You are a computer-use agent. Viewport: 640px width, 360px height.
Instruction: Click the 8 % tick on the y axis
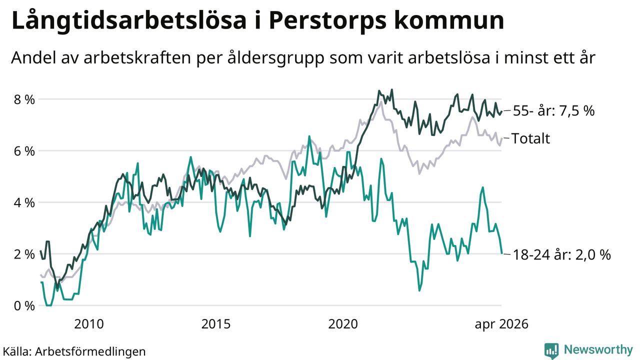tap(24, 99)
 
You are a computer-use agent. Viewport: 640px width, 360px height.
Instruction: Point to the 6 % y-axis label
tap(24, 151)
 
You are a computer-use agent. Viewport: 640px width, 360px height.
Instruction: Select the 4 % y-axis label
tap(24, 203)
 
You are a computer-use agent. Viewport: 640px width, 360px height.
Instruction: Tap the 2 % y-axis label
tap(24, 254)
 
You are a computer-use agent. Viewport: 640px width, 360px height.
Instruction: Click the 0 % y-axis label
tap(24, 306)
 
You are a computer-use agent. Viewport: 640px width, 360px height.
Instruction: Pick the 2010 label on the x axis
tap(89, 324)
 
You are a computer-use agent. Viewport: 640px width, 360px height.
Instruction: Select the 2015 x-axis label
tap(215, 324)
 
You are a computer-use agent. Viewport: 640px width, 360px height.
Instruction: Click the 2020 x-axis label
tap(343, 324)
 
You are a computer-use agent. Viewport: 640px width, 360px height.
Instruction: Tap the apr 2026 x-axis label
tap(501, 324)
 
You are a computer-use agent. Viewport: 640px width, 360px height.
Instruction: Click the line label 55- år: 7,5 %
tap(553, 111)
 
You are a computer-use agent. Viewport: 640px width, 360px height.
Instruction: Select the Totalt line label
tap(530, 138)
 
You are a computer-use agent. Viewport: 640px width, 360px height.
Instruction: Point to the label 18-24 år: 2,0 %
tap(561, 254)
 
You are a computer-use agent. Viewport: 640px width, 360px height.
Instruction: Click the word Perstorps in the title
tap(327, 21)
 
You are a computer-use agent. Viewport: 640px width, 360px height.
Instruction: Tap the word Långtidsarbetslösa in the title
tap(129, 21)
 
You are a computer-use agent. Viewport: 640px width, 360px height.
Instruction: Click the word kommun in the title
tap(449, 21)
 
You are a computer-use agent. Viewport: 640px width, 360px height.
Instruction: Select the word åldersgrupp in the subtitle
tap(276, 58)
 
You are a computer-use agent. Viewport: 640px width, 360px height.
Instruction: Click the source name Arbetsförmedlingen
tap(90, 351)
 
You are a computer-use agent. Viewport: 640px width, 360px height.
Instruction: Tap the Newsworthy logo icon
tap(551, 350)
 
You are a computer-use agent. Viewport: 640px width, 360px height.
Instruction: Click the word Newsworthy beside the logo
tap(598, 349)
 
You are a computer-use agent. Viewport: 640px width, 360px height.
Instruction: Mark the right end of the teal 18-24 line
tap(502, 253)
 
